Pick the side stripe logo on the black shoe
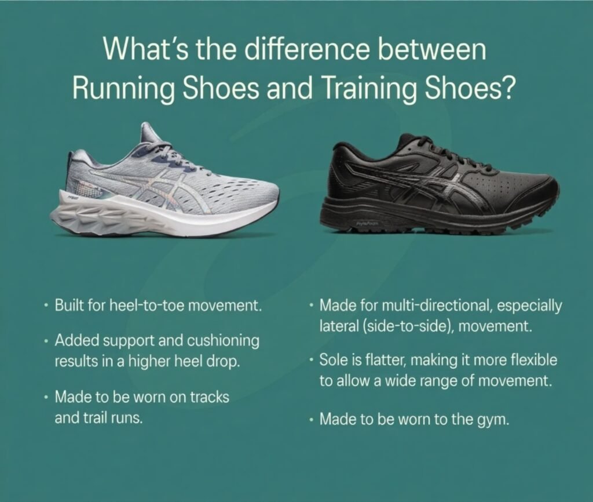click(x=405, y=188)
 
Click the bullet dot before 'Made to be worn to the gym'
click(x=313, y=419)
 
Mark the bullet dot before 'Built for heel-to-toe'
click(x=46, y=305)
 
